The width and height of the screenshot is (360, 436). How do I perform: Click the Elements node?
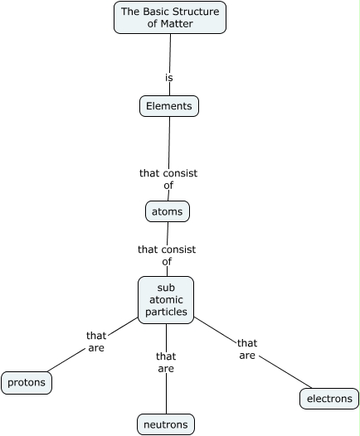(x=169, y=106)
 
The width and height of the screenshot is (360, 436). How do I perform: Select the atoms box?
(x=168, y=212)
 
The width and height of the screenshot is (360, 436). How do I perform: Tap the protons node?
(x=27, y=383)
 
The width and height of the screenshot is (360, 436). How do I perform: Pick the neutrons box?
(x=166, y=425)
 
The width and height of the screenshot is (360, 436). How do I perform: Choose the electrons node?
(x=329, y=399)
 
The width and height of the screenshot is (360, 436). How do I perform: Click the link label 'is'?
(x=169, y=78)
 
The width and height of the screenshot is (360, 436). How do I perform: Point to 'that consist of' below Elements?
(x=168, y=179)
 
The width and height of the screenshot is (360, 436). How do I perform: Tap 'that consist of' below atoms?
(x=167, y=254)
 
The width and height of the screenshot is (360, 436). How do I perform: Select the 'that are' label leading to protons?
(x=96, y=342)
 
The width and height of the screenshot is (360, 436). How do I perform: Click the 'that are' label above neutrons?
(x=166, y=362)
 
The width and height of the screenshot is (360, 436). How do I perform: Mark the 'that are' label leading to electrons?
(x=247, y=349)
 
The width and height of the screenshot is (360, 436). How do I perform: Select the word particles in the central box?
(x=166, y=312)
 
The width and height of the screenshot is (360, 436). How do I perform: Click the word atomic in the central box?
(x=166, y=300)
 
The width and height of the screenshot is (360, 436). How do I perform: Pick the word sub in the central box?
(x=166, y=288)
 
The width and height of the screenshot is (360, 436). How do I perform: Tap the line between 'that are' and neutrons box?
(x=166, y=394)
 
